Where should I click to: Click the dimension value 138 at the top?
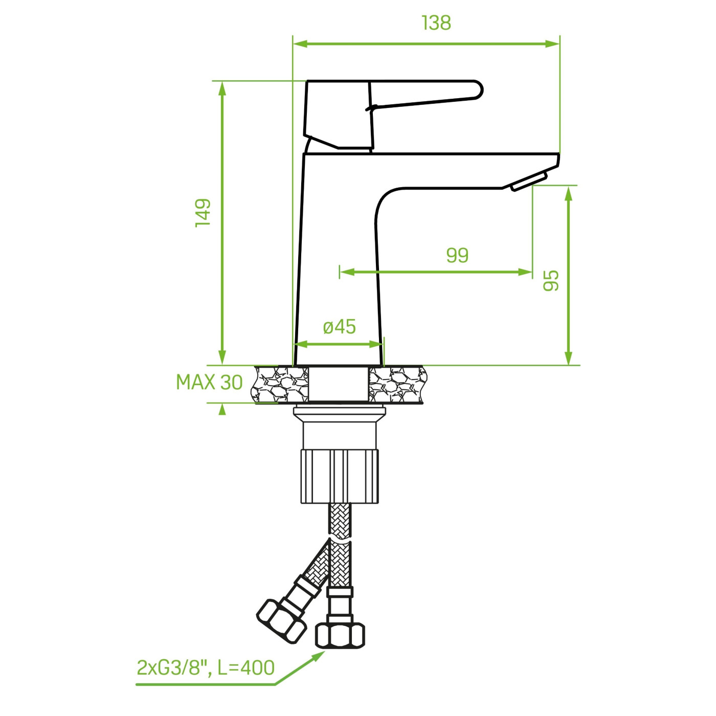436,23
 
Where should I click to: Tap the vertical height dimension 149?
203,213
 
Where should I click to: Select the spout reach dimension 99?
457,255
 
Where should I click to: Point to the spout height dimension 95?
551,281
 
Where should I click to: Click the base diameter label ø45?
339,327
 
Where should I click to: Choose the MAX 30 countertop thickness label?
209,382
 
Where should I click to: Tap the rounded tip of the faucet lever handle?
479,90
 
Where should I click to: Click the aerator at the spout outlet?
529,181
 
